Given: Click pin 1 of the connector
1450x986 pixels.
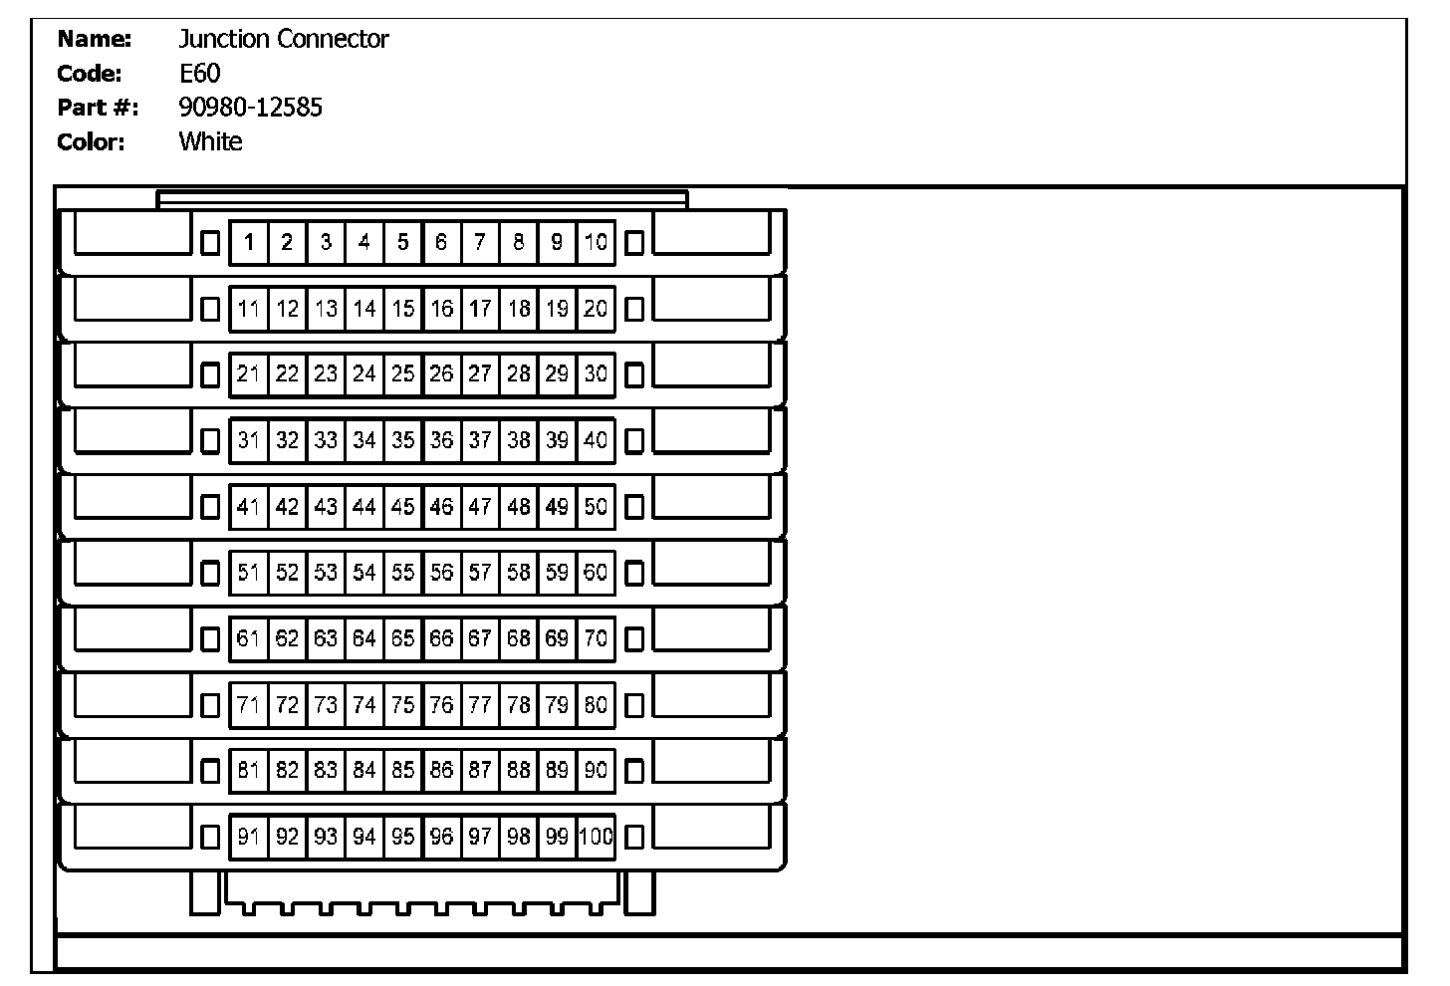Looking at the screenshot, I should [249, 242].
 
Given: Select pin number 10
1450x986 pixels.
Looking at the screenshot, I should [596, 242].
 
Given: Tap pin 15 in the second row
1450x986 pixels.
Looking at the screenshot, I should [403, 309].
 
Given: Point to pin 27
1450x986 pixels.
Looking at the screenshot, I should [480, 374].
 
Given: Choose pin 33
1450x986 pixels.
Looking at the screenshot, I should [326, 440].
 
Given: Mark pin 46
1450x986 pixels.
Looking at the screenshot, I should [441, 506].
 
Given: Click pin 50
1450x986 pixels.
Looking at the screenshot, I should [596, 506].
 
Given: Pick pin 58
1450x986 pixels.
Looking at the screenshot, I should [518, 573].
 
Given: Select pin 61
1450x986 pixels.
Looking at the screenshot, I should [249, 638].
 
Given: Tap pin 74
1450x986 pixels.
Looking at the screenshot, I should [364, 705].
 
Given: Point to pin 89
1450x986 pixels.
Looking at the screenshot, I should [557, 770].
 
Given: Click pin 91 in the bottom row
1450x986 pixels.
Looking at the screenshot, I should [249, 837].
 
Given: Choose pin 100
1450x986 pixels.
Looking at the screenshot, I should [596, 837].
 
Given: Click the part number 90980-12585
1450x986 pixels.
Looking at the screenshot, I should [250, 108].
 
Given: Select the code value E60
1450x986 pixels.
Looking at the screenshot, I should [199, 74].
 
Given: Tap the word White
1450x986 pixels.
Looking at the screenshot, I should [210, 141].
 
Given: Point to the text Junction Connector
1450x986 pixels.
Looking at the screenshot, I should [283, 40].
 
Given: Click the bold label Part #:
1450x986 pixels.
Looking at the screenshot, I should [98, 108].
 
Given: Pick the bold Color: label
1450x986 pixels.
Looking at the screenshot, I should [92, 141].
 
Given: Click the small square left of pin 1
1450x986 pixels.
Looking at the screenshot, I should [210, 243].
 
